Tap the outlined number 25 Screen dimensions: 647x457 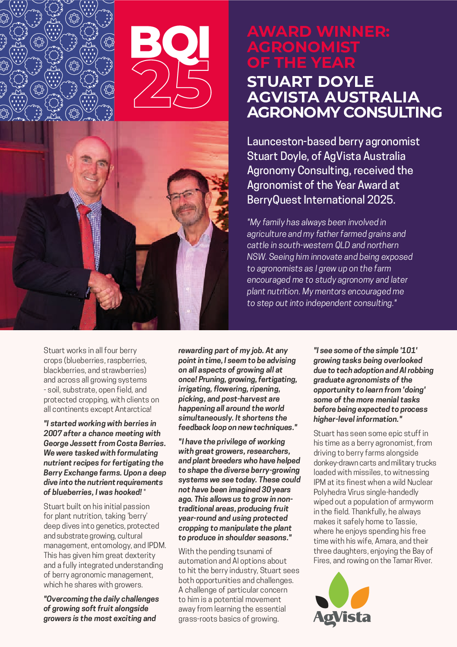[x=172, y=85]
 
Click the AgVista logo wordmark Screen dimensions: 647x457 [x=342, y=617]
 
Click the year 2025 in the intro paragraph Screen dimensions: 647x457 [x=380, y=200]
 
